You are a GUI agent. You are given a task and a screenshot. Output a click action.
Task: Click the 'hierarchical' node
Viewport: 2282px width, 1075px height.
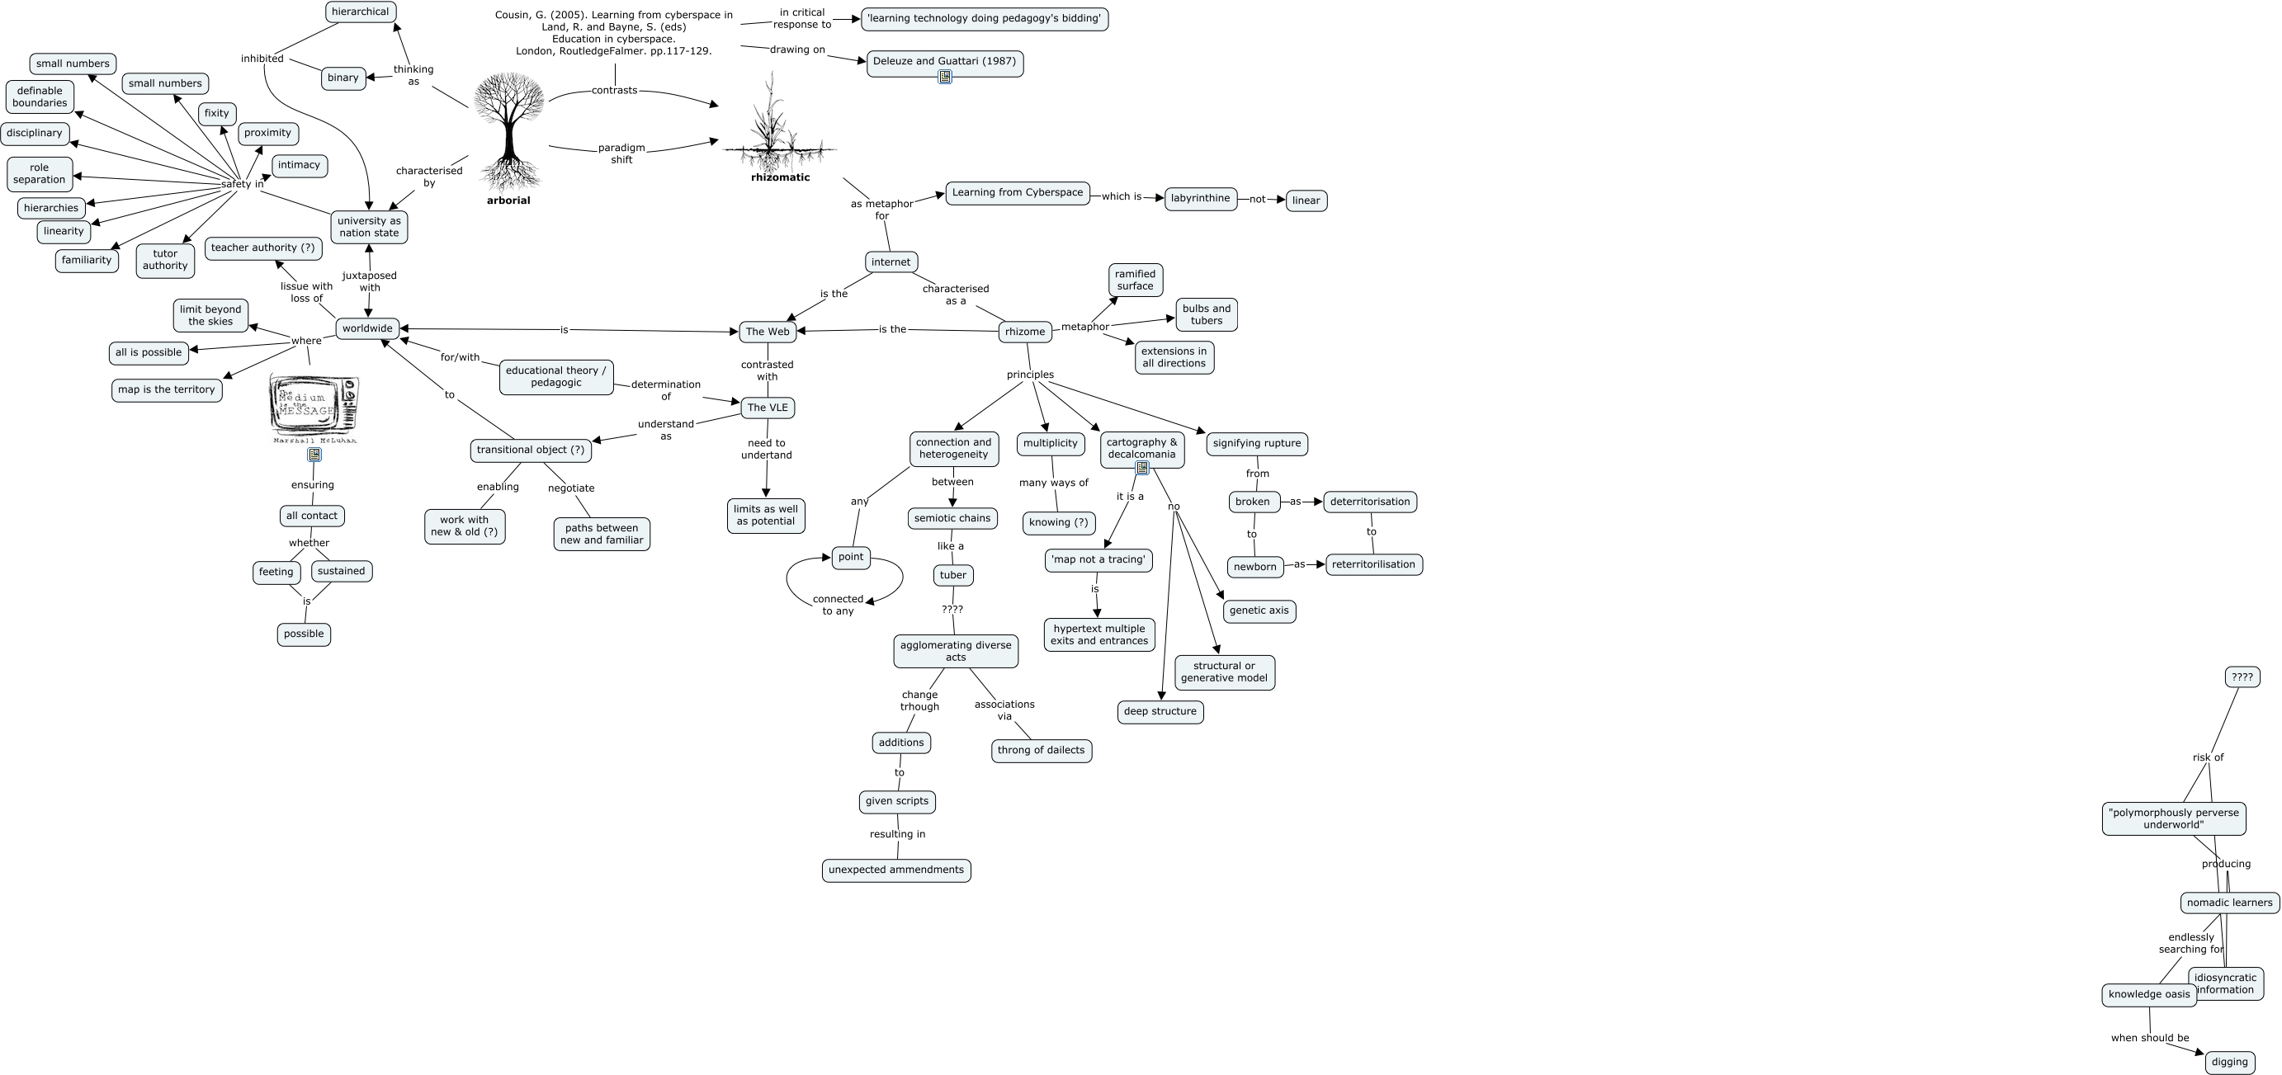(361, 12)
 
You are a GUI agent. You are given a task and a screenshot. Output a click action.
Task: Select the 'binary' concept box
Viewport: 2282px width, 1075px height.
(343, 78)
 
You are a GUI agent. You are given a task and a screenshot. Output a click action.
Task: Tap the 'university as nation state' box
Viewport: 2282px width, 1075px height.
(369, 227)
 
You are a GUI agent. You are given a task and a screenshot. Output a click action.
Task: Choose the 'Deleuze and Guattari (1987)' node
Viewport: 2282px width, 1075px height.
(944, 61)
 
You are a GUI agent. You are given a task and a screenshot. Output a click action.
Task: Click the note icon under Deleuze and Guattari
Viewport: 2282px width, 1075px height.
(944, 77)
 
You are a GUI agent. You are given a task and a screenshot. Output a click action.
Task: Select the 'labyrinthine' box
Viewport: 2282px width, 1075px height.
(1200, 198)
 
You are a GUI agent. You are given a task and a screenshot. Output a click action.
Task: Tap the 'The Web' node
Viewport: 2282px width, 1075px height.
(768, 332)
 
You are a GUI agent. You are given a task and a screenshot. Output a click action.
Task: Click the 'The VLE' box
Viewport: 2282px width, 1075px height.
(768, 408)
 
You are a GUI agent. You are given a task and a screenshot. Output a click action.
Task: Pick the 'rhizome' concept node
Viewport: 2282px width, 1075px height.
(1025, 332)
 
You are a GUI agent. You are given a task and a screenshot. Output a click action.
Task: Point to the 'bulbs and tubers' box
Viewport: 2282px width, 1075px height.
(1206, 314)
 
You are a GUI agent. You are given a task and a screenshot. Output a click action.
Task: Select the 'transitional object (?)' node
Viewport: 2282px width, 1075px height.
(531, 450)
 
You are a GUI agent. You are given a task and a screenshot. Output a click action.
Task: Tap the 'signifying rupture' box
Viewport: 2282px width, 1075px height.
(1256, 444)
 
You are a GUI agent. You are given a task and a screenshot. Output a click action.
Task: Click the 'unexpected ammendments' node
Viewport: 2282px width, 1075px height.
(895, 870)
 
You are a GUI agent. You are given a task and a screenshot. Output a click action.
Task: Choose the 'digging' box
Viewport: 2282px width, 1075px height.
(2229, 1062)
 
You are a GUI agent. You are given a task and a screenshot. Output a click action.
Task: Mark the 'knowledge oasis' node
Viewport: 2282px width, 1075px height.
(2148, 994)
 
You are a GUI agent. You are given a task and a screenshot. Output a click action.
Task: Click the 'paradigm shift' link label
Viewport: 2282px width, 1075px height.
(621, 154)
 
